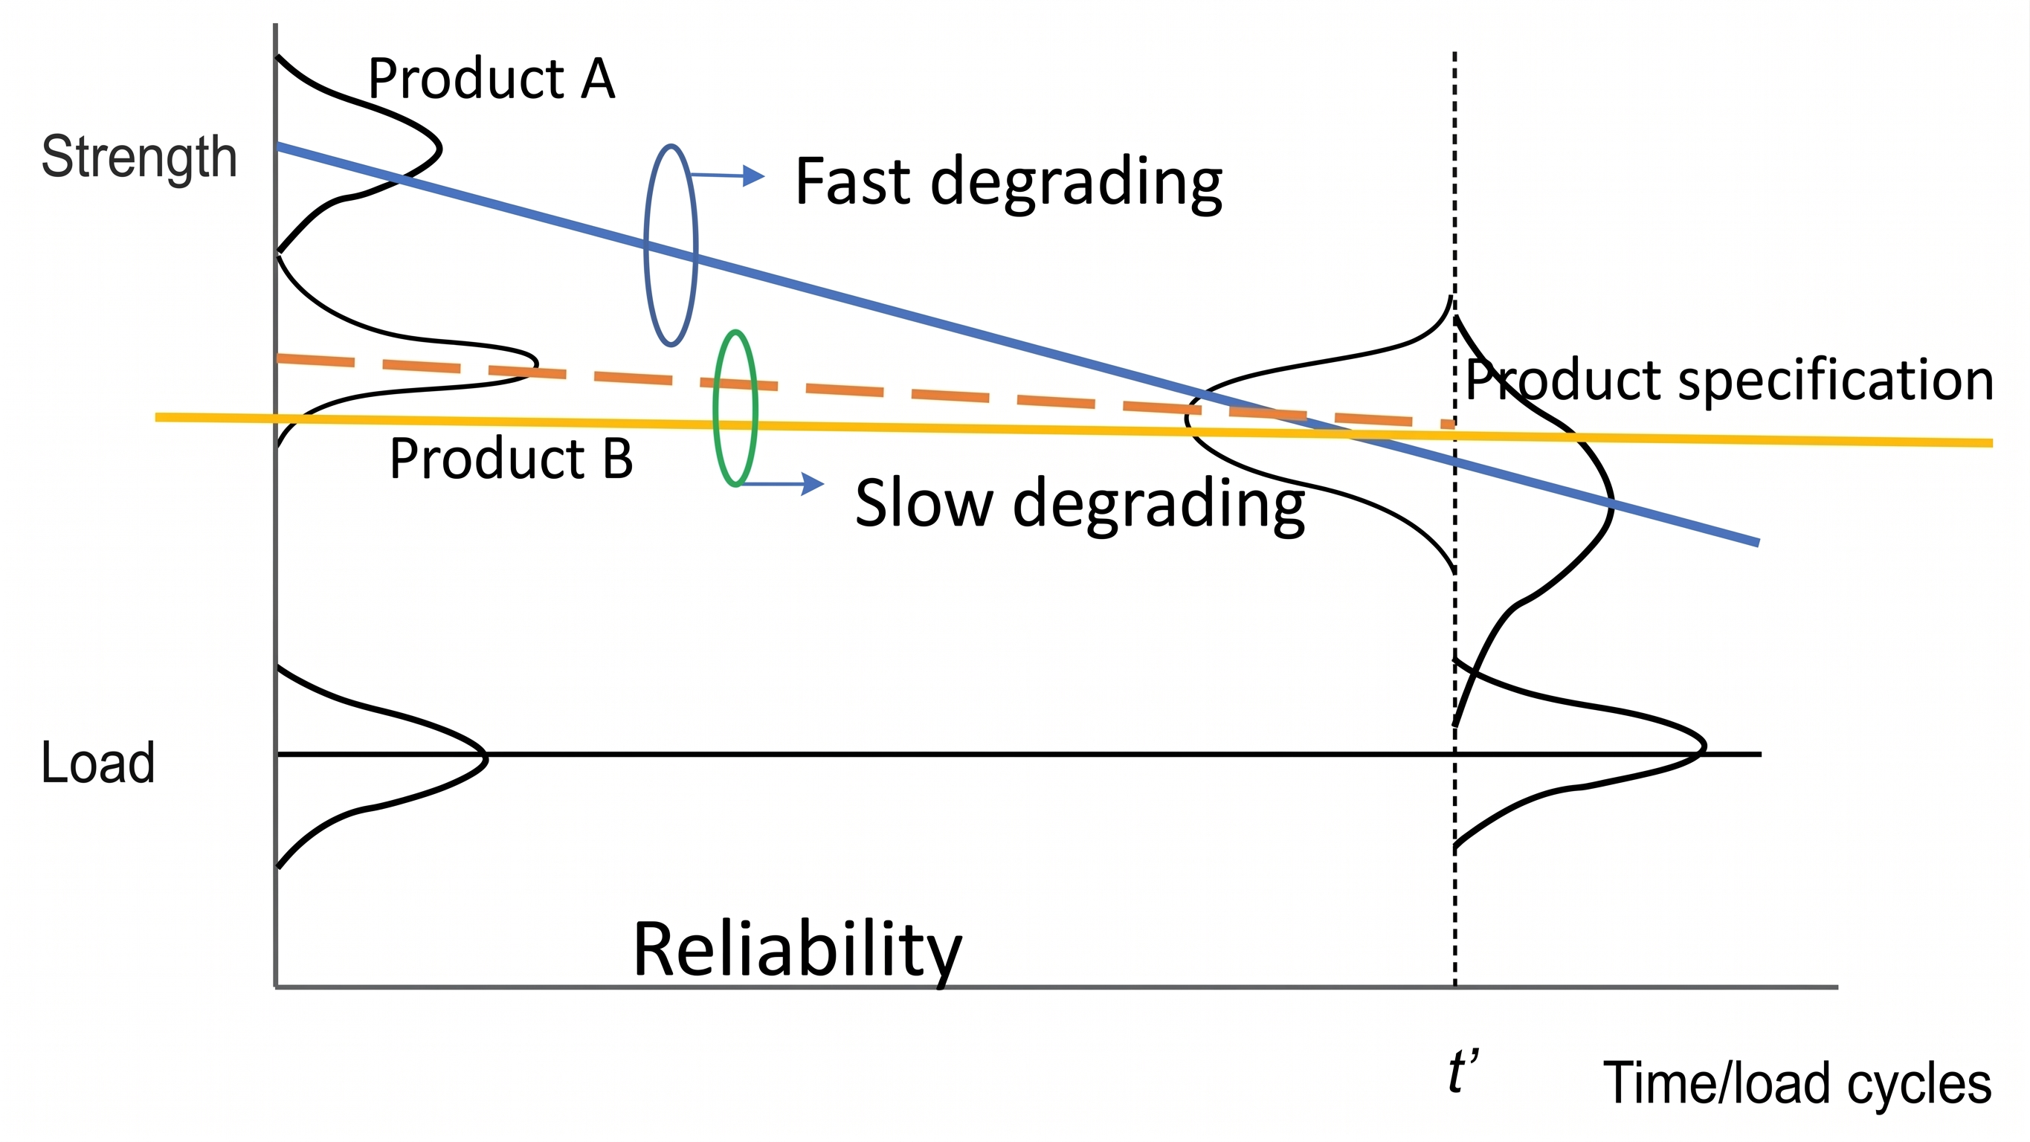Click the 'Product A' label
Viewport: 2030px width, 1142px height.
pos(491,79)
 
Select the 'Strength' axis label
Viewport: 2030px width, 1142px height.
pos(139,157)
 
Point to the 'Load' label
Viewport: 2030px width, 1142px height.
pos(97,762)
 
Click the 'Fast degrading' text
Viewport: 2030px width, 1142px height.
pos(1008,182)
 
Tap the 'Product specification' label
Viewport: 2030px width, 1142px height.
pos(1729,380)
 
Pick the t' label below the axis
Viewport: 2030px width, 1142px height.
pos(1463,1072)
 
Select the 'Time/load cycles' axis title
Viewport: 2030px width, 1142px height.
pos(1797,1083)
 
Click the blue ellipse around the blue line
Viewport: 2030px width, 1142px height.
pos(646,246)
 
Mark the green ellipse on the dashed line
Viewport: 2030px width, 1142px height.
pos(715,408)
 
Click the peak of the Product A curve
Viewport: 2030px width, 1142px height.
pos(439,148)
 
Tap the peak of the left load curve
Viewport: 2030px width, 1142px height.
pos(486,758)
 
